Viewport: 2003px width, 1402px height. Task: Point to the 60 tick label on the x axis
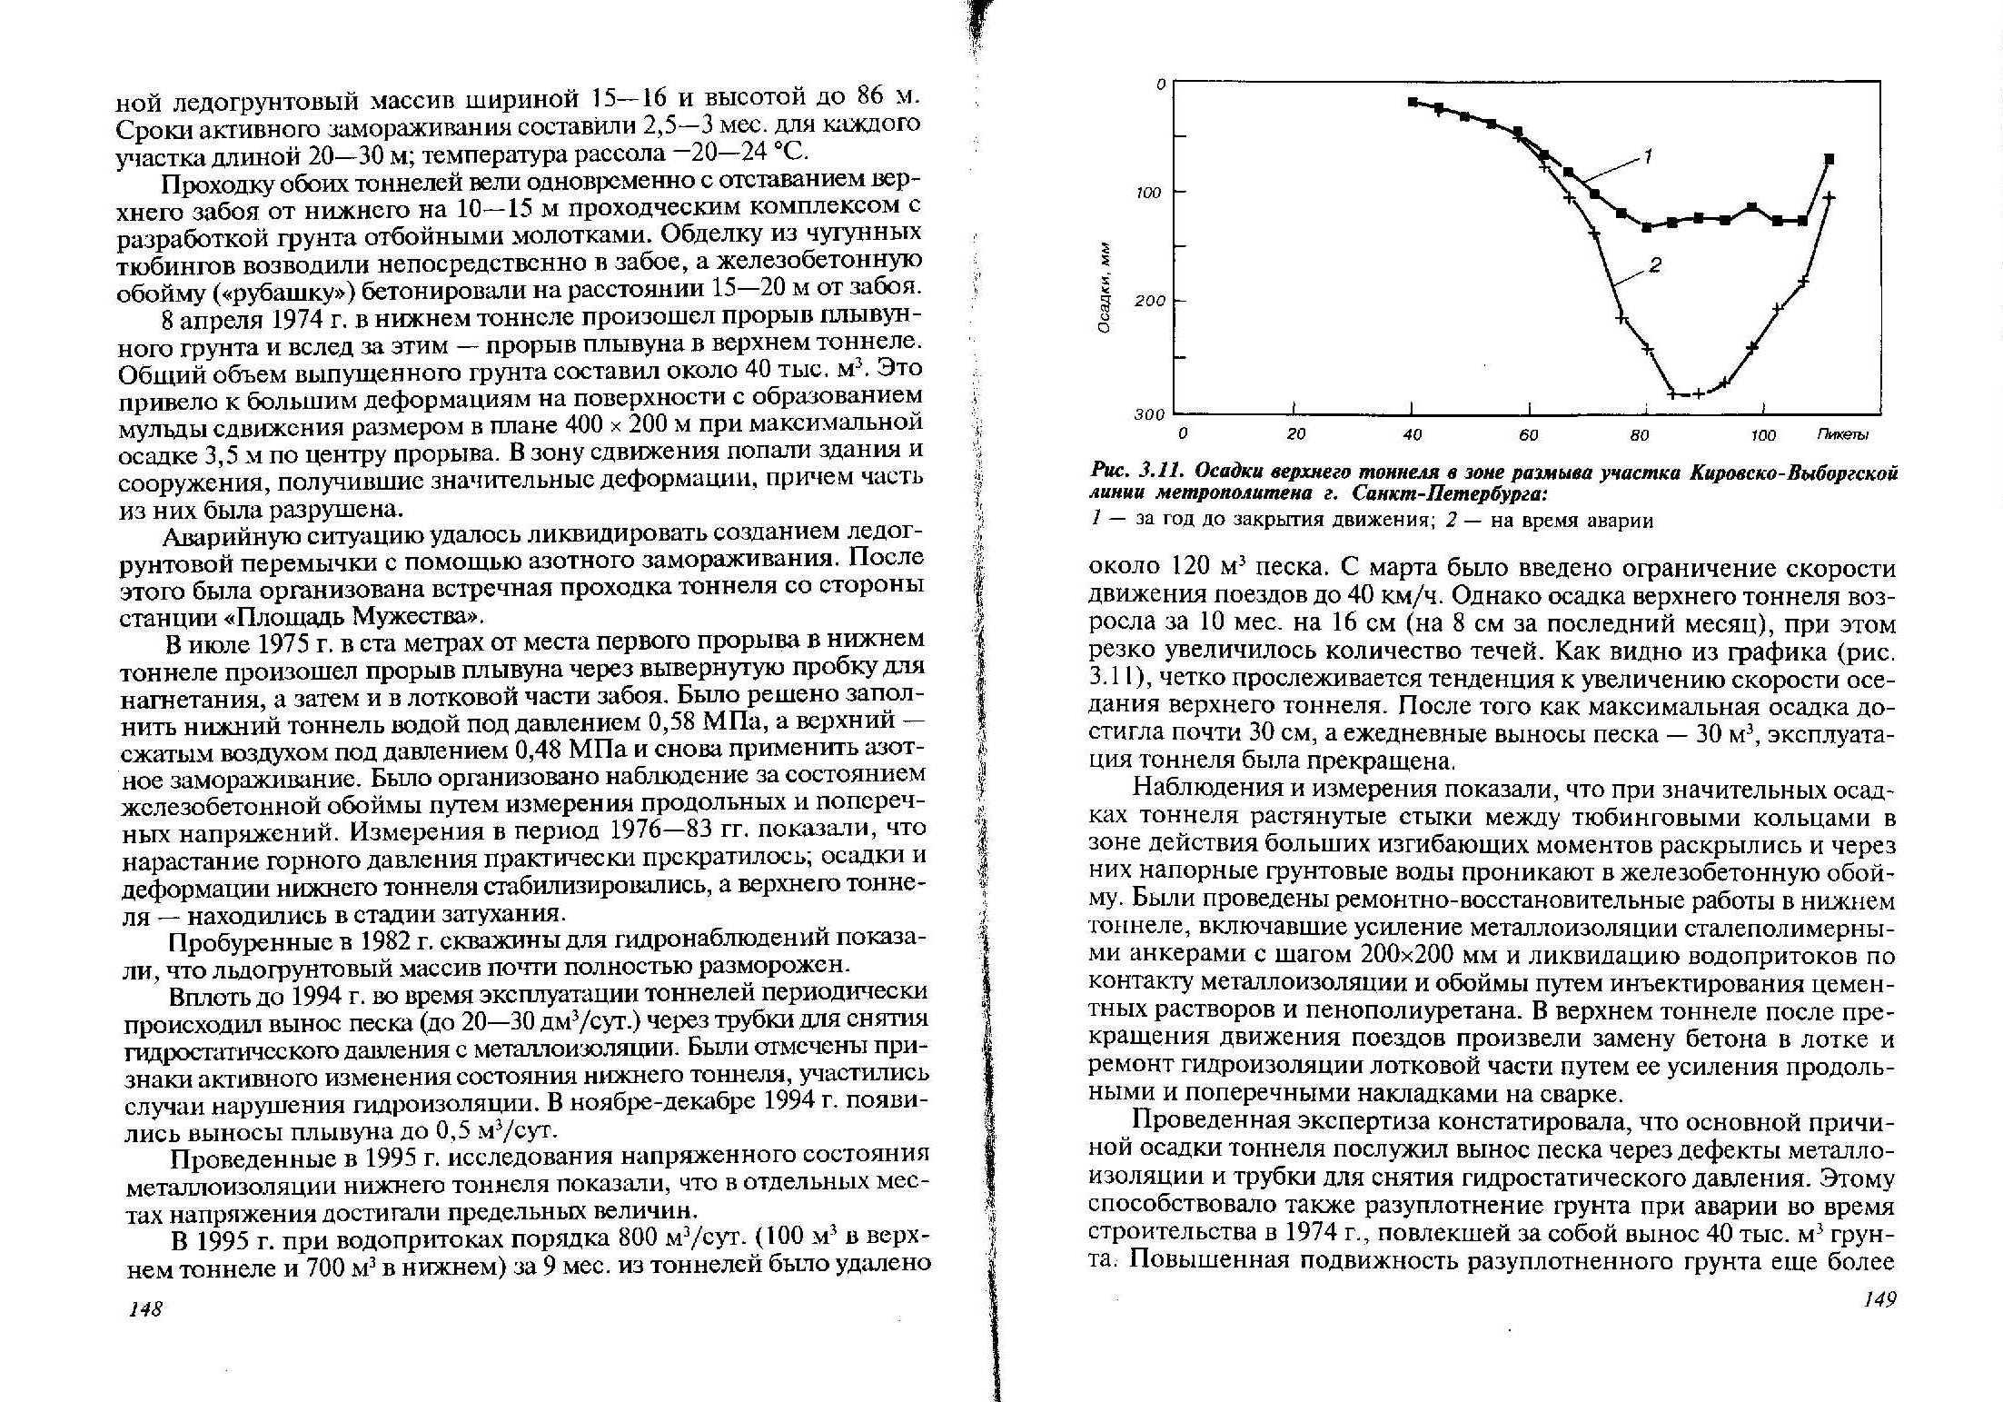(1528, 435)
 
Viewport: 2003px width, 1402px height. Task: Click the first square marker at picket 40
(1412, 102)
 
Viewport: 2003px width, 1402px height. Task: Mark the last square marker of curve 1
(1829, 159)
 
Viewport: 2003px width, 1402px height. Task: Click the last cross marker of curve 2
(1829, 197)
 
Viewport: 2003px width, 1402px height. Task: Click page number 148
(145, 1308)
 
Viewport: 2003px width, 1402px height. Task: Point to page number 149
(1879, 1300)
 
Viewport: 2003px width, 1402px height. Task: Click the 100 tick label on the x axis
(1763, 435)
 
